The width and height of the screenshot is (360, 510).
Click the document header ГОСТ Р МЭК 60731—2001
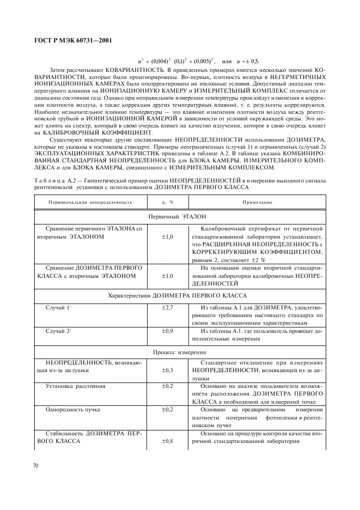tap(73, 39)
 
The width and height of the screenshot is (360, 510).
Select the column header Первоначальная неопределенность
tap(89, 202)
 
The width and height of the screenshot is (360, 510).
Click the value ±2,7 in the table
tap(167, 308)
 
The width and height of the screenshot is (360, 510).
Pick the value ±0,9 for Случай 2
tap(167, 331)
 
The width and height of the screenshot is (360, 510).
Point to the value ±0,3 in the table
tap(167, 370)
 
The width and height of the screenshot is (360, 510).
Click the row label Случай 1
tap(58, 308)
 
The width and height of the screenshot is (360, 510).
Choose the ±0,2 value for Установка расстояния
tap(167, 386)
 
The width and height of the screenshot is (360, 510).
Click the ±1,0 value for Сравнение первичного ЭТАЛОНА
tap(167, 237)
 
